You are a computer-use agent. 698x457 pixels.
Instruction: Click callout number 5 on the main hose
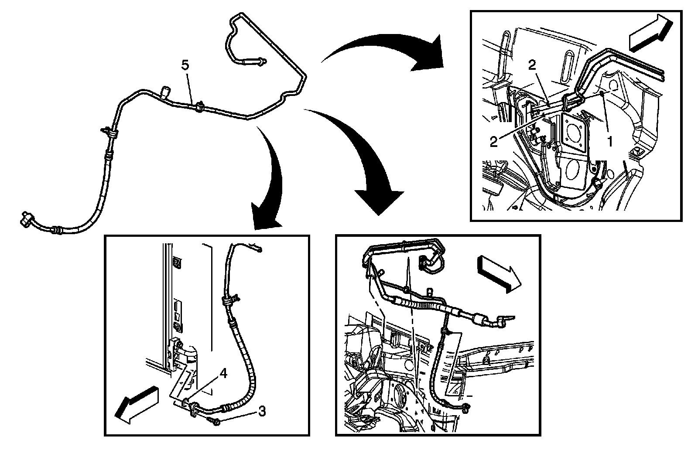coord(185,65)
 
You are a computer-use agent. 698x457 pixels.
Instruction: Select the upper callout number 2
coord(532,65)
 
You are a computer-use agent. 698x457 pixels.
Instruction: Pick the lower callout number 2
coord(493,142)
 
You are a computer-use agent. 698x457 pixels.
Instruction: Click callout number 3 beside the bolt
coord(262,411)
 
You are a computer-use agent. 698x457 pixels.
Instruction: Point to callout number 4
coord(223,373)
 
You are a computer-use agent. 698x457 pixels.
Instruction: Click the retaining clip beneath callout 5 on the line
coord(200,106)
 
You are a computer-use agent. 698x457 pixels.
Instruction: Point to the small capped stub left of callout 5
coord(165,91)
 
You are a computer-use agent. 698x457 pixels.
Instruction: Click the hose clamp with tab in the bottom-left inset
coord(229,300)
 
